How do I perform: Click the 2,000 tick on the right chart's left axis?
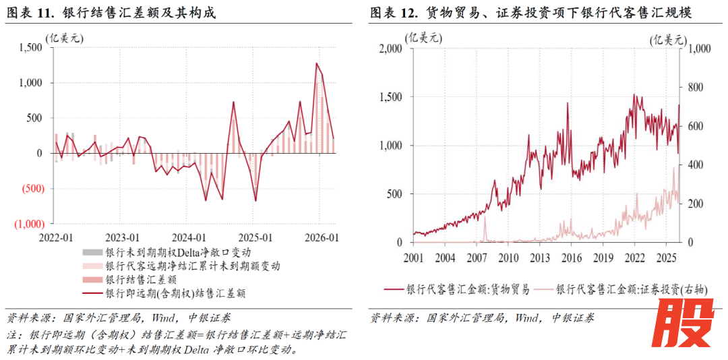pyautogui.click(x=389, y=49)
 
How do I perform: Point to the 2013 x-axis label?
pyautogui.click(x=539, y=258)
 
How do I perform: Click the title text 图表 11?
pyautogui.click(x=31, y=13)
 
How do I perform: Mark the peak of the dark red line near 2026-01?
pyautogui.click(x=316, y=63)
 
